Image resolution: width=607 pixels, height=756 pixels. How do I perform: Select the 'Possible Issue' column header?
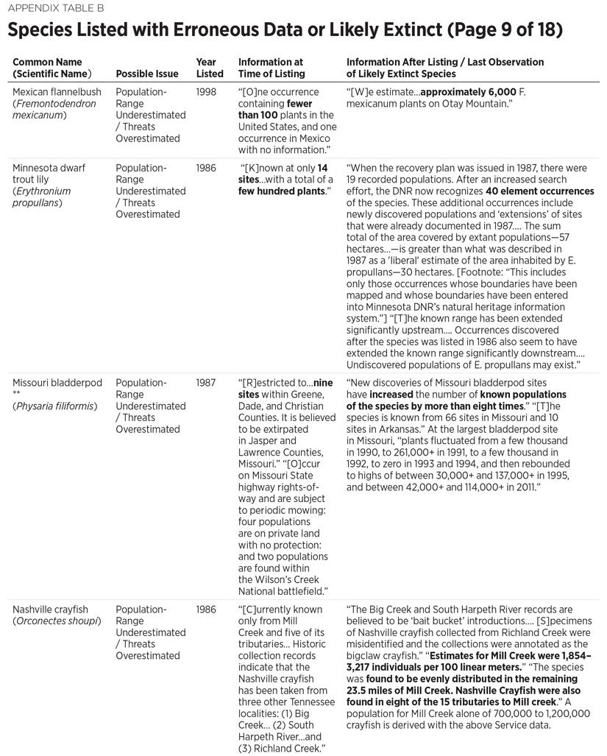tap(147, 74)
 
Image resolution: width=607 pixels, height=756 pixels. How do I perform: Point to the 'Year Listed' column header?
tap(210, 68)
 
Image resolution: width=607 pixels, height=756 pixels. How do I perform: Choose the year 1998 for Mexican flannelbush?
tap(207, 92)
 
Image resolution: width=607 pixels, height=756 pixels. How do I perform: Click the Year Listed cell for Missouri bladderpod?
tap(207, 384)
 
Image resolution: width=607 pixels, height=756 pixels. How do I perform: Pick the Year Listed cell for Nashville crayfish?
tap(207, 610)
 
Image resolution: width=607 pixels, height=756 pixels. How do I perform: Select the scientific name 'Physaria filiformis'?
tap(54, 406)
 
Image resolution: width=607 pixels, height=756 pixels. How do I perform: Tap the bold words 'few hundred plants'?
tap(280, 191)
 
